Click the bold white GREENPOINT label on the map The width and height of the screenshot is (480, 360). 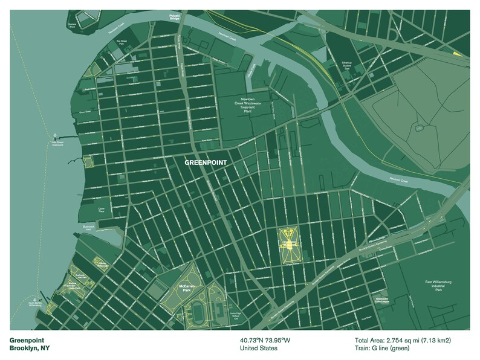click(x=206, y=162)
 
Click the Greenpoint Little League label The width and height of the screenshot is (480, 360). click(x=382, y=300)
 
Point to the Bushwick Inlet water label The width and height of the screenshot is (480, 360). click(x=91, y=228)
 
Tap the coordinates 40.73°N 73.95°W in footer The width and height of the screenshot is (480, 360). click(x=265, y=340)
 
